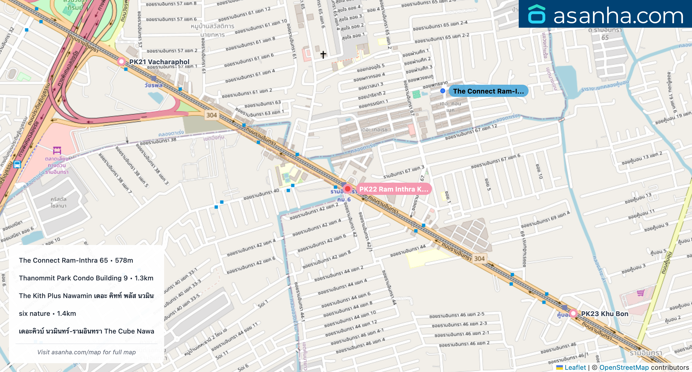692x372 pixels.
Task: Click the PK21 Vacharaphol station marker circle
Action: [121, 61]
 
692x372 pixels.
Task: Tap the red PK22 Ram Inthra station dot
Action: [347, 189]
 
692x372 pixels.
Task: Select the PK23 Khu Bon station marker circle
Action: [573, 314]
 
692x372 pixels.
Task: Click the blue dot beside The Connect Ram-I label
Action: [443, 91]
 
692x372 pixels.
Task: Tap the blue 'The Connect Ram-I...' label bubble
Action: [489, 91]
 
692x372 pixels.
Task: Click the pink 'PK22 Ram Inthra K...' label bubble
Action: [393, 189]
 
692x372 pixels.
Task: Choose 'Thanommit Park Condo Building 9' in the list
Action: [86, 278]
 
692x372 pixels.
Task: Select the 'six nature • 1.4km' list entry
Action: [47, 314]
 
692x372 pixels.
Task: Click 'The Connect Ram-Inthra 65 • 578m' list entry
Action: [76, 260]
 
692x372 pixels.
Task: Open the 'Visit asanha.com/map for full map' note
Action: [86, 352]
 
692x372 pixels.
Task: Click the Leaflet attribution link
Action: [575, 367]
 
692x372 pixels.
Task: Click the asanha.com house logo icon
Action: [536, 14]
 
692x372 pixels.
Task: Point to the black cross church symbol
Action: [323, 55]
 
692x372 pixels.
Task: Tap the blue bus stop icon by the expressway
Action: [17, 164]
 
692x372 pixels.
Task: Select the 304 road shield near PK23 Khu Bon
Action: [479, 259]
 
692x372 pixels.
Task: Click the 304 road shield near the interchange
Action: [211, 115]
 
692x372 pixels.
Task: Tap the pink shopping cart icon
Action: [640, 293]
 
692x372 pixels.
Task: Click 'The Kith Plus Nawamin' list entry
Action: [86, 296]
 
